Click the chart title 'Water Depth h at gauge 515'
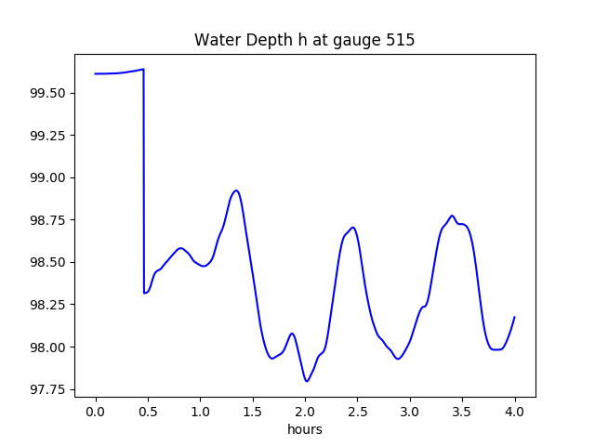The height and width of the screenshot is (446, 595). tap(304, 40)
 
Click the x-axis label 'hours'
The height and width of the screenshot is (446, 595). tap(305, 430)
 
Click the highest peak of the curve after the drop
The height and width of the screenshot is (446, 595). tap(236, 190)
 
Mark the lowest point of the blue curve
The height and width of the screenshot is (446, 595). tap(306, 381)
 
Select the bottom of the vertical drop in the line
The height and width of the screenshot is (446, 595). tap(144, 294)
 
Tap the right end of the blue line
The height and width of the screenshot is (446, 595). tap(514, 317)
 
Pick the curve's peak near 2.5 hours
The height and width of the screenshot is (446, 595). tap(353, 227)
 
